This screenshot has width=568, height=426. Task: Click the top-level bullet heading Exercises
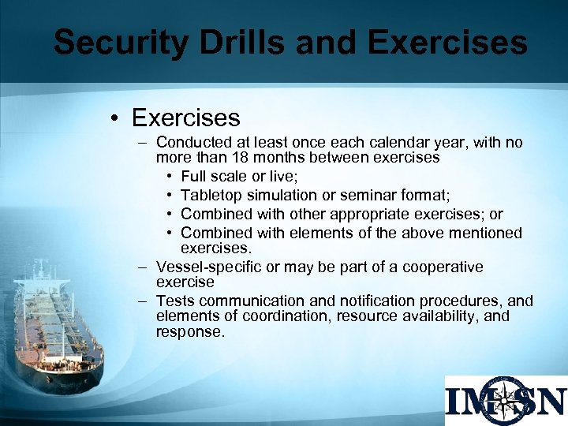pos(186,118)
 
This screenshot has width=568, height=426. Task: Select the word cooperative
pos(443,267)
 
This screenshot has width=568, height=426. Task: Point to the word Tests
pos(175,301)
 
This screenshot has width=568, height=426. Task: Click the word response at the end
pos(190,332)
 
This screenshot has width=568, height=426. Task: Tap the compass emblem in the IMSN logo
pos(504,400)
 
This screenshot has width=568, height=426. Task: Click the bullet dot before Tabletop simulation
pos(170,196)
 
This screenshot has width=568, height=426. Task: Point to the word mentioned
pos(484,233)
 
